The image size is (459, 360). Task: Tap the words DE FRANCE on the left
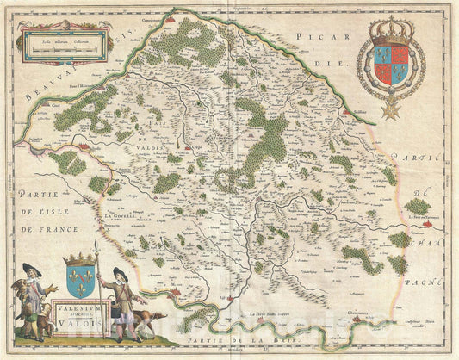pos(50,228)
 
